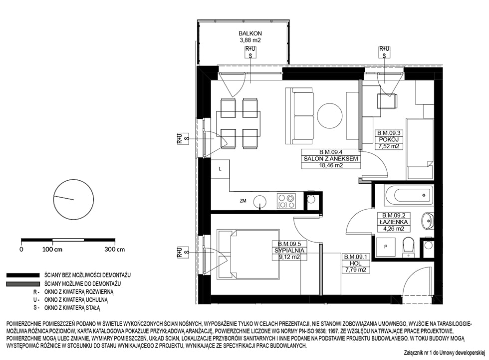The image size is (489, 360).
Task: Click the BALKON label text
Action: pyautogui.click(x=250, y=33)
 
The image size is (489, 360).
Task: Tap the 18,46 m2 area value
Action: pyautogui.click(x=330, y=165)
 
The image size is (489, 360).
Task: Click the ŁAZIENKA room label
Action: pyautogui.click(x=394, y=222)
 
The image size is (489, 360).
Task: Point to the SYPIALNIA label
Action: pyautogui.click(x=289, y=251)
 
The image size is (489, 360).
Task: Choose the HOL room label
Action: pyautogui.click(x=355, y=264)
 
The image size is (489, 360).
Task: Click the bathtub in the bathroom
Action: pyautogui.click(x=409, y=195)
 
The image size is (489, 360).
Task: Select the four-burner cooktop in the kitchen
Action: pyautogui.click(x=286, y=201)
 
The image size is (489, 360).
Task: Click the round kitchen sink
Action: pyautogui.click(x=259, y=202)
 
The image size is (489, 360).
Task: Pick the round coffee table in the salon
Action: pyautogui.click(x=330, y=115)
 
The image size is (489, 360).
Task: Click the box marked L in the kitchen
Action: pyautogui.click(x=220, y=169)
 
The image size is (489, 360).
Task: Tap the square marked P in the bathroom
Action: pyautogui.click(x=386, y=247)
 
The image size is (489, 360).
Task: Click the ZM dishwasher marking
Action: pyautogui.click(x=243, y=201)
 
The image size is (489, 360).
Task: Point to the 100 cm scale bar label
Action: pyautogui.click(x=52, y=249)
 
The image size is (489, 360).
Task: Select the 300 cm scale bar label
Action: pyautogui.click(x=115, y=249)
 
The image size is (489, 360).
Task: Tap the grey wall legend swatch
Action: pyautogui.click(x=23, y=284)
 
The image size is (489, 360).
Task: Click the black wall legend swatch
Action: pyautogui.click(x=23, y=275)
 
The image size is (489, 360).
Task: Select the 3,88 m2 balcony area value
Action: pyautogui.click(x=250, y=40)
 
